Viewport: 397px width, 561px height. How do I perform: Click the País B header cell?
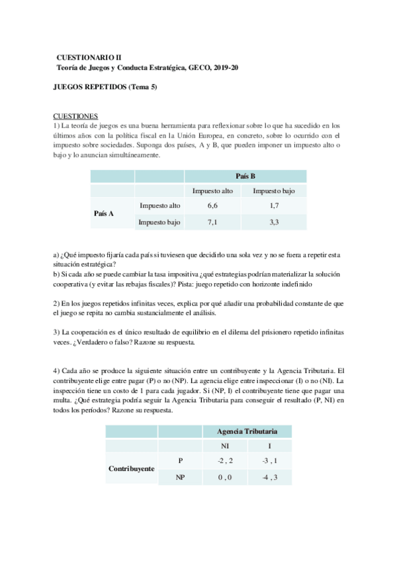[x=245, y=176]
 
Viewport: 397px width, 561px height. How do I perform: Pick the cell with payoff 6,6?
[x=212, y=206]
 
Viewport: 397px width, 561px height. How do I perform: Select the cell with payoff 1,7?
[x=274, y=206]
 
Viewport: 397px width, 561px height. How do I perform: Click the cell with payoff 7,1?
[x=212, y=222]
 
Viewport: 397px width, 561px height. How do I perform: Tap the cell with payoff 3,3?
[x=274, y=222]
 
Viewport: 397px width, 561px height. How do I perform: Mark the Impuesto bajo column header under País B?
[x=274, y=191]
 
